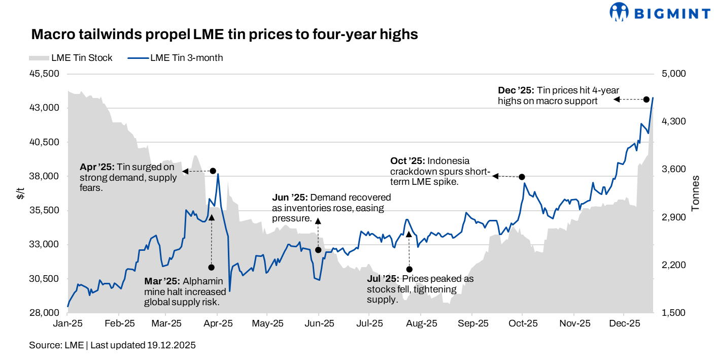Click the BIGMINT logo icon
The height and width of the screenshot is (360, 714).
point(619,12)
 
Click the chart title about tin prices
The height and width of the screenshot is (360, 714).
point(224,35)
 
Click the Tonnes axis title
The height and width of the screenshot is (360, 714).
point(696,193)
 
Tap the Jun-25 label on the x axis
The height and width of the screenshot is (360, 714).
point(319,323)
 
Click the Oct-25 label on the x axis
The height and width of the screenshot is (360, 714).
point(523,323)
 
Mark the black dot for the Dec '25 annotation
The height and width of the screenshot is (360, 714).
point(647,100)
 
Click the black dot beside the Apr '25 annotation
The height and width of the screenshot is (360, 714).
point(213,171)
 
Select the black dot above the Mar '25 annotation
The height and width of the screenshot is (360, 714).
point(212,268)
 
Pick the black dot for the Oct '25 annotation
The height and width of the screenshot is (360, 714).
point(522,177)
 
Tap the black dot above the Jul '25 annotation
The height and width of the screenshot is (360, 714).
point(410,269)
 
